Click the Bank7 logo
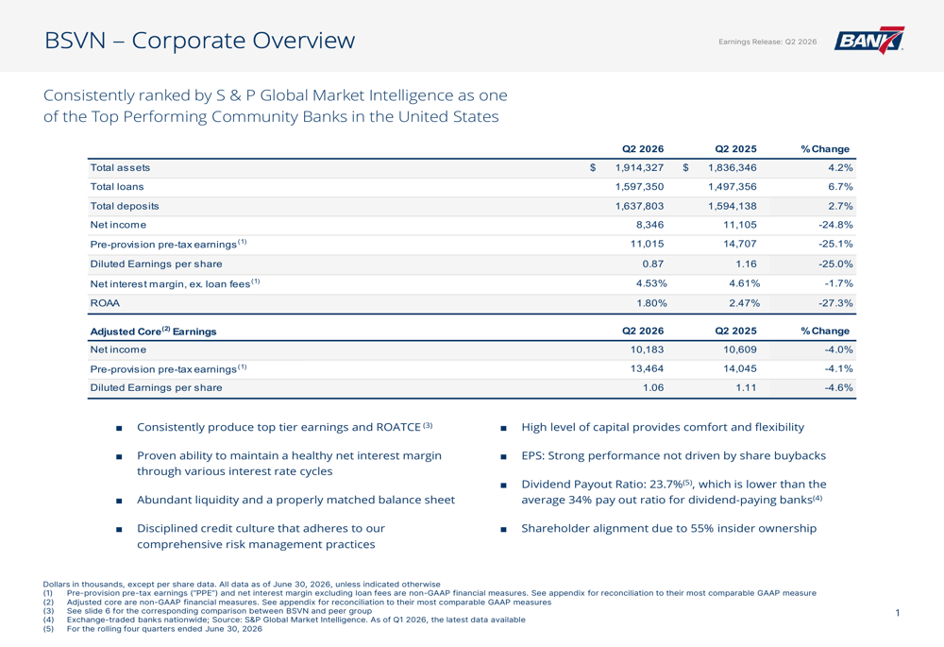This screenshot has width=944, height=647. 868,41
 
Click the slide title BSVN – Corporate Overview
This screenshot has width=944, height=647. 200,41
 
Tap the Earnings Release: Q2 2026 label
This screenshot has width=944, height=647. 767,42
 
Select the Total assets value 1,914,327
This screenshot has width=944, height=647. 639,167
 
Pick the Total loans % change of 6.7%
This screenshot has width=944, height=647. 840,187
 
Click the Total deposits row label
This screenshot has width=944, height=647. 125,206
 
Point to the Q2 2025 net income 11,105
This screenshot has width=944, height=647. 740,225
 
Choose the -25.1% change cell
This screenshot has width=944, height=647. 835,244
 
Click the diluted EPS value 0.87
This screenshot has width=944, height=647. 653,264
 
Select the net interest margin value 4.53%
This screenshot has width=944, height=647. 651,283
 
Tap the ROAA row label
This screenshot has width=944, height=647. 105,303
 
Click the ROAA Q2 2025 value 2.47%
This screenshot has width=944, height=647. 744,303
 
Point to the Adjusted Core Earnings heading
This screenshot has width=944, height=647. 153,331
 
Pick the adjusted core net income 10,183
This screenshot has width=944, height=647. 648,349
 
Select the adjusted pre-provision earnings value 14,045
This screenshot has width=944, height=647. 740,368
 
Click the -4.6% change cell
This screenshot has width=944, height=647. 838,388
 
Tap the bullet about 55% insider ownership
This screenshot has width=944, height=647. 669,528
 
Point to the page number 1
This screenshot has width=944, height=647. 898,613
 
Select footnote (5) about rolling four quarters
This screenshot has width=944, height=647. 153,629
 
